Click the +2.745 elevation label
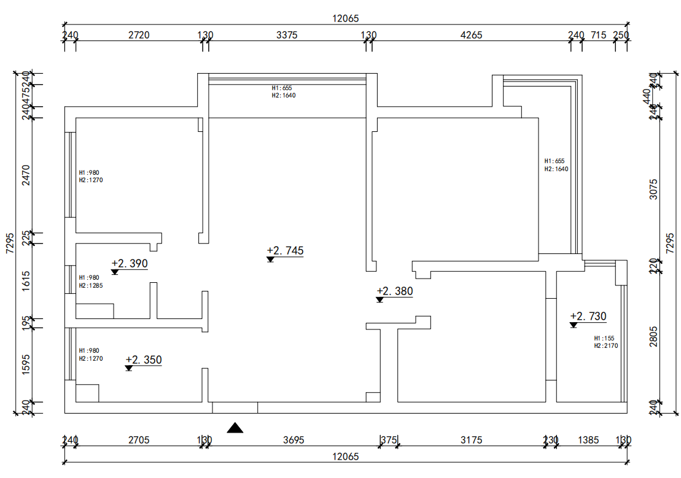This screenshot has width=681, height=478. [x=286, y=251]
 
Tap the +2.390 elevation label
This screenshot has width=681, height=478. [x=130, y=264]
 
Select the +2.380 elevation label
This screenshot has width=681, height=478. [x=395, y=291]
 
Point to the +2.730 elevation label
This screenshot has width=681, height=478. [x=588, y=317]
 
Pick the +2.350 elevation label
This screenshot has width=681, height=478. [x=144, y=360]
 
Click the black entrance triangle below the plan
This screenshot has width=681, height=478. [x=235, y=428]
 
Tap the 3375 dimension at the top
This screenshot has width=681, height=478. [x=287, y=35]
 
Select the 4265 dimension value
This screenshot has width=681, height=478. [x=471, y=35]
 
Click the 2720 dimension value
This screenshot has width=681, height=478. [x=139, y=35]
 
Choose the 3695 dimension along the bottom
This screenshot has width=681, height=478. [x=293, y=440]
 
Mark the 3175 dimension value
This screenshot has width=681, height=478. [x=471, y=440]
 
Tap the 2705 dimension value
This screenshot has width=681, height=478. [x=139, y=440]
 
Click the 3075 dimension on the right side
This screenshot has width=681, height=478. [x=653, y=190]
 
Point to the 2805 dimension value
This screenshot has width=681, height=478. [x=653, y=337]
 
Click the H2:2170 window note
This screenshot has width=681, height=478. [x=605, y=346]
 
